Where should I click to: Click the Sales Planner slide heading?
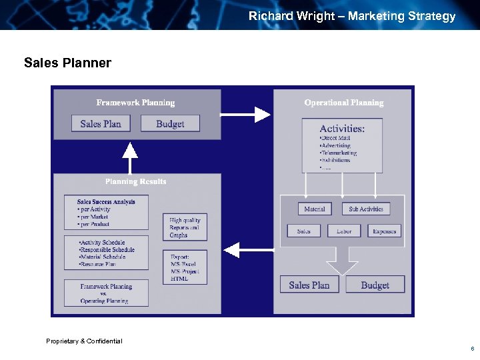pos(67,63)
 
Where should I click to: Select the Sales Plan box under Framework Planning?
pos(100,123)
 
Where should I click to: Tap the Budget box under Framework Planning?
pos(170,123)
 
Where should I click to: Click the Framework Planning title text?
pos(135,103)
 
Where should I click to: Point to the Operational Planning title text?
pos(344,103)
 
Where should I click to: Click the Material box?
pos(315,209)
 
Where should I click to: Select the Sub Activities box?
pos(366,209)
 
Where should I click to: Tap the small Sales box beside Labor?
pos(303,231)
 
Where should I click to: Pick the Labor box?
pos(344,231)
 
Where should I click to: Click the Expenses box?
pos(384,231)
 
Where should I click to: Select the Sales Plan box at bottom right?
pos(309,285)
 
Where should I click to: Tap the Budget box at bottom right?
pos(375,285)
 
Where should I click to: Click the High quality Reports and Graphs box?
pos(185,227)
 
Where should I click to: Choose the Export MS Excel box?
pos(185,267)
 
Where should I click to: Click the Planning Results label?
pos(135,181)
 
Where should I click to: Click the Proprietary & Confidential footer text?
pos(84,341)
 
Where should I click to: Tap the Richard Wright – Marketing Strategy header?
pos(352,16)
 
